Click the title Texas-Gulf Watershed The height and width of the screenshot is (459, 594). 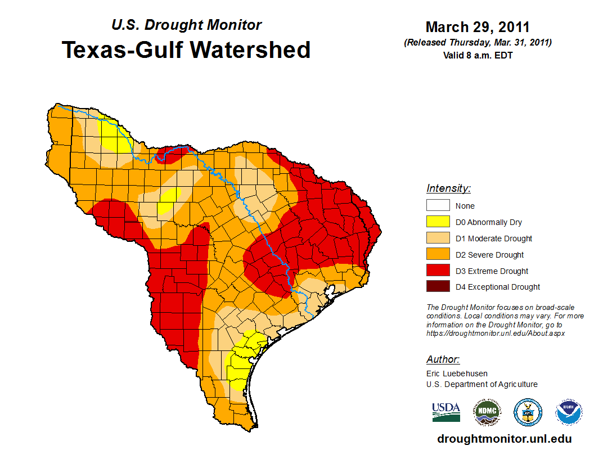tap(186, 49)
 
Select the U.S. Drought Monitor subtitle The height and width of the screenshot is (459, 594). tap(187, 25)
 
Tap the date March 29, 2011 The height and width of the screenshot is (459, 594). tap(478, 27)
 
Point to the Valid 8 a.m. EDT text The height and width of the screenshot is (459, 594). tap(478, 55)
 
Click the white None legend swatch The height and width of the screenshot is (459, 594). tap(438, 206)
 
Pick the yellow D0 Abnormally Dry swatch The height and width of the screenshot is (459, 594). tap(438, 222)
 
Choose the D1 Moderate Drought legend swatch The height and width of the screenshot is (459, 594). tap(438, 238)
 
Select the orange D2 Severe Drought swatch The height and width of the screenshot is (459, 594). tap(438, 255)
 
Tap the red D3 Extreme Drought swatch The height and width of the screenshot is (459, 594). tap(438, 271)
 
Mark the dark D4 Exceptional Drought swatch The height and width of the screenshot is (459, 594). tap(438, 287)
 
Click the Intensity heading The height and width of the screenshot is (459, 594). tap(448, 188)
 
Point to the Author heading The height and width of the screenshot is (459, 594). tap(443, 359)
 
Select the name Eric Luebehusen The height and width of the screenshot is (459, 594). tap(457, 373)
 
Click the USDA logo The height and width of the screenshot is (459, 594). tap(446, 412)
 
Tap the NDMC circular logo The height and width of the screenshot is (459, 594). tap(486, 412)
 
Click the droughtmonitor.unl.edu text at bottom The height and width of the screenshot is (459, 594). tap(504, 439)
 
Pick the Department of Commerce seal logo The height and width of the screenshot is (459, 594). tap(528, 412)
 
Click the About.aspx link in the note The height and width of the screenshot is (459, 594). tap(495, 333)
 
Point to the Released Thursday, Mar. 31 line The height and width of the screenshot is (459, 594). tap(478, 43)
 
